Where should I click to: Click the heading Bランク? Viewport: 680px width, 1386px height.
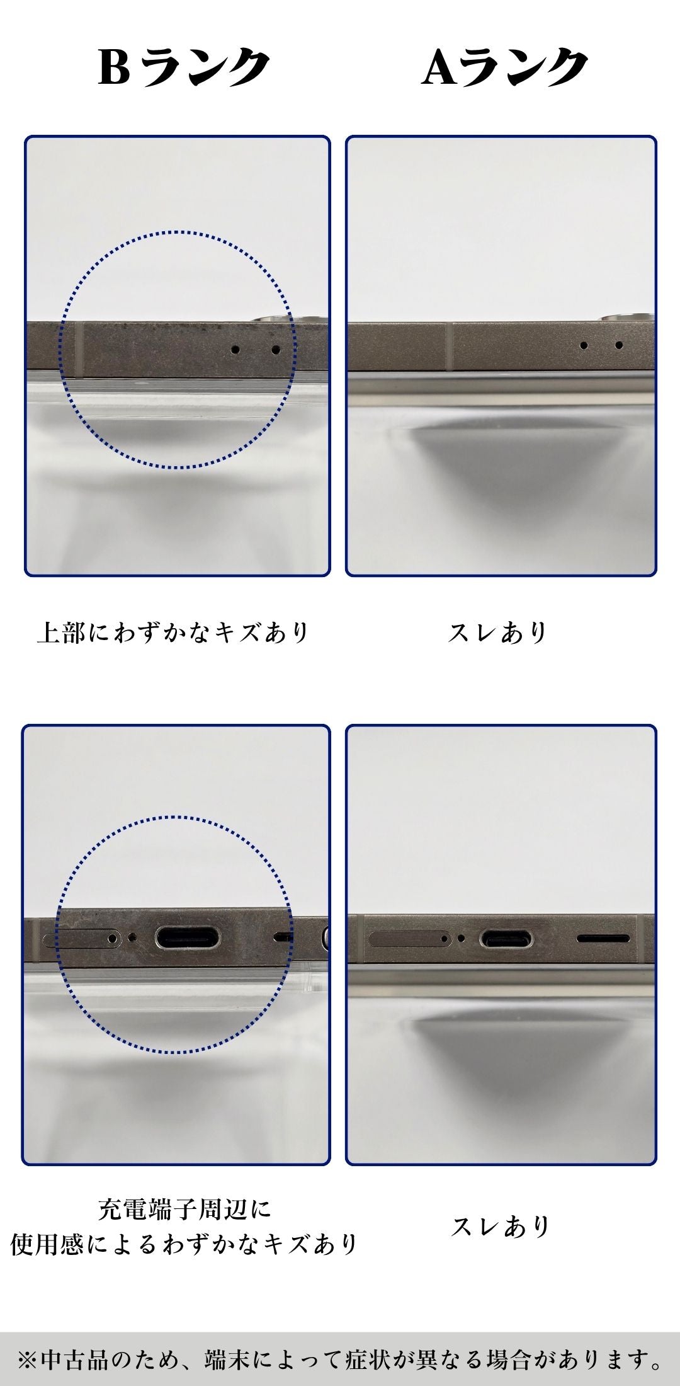183,67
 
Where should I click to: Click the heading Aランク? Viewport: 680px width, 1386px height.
504,67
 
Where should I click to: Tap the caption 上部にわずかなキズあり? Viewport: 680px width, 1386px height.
173,633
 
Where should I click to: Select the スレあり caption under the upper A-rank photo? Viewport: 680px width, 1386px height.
498,633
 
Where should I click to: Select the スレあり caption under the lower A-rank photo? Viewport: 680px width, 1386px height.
501,1226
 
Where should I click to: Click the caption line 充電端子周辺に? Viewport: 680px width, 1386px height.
184,1209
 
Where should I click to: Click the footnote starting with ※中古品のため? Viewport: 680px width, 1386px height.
340,1360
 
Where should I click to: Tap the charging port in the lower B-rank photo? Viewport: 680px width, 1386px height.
188,937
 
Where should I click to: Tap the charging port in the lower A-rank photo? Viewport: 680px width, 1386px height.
506,939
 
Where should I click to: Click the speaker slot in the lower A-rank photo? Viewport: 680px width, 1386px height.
603,939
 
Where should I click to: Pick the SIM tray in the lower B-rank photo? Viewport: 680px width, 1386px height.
81,939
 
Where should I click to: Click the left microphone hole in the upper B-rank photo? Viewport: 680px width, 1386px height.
235,349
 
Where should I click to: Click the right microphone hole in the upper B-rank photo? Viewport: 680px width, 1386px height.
275,348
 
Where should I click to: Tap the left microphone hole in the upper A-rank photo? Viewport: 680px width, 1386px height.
584,345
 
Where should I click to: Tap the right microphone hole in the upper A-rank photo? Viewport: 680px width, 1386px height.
619,345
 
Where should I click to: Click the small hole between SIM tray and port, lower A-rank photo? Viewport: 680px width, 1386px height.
462,938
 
